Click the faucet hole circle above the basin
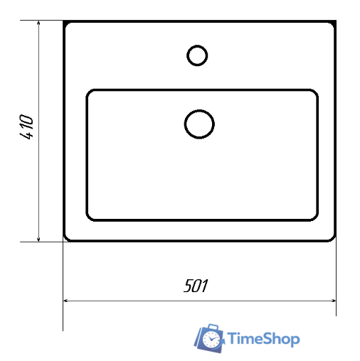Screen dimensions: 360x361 click(197, 45)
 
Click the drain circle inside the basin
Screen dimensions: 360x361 click(199, 110)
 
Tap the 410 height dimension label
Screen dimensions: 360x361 click(26, 127)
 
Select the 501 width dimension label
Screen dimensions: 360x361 click(196, 286)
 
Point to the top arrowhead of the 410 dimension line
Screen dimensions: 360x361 click(38, 23)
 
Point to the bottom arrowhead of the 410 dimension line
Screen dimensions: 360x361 click(38, 239)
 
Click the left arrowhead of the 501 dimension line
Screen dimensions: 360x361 click(66, 301)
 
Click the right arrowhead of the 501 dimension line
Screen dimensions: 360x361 click(333, 301)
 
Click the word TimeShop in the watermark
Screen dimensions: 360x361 click(263, 339)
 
